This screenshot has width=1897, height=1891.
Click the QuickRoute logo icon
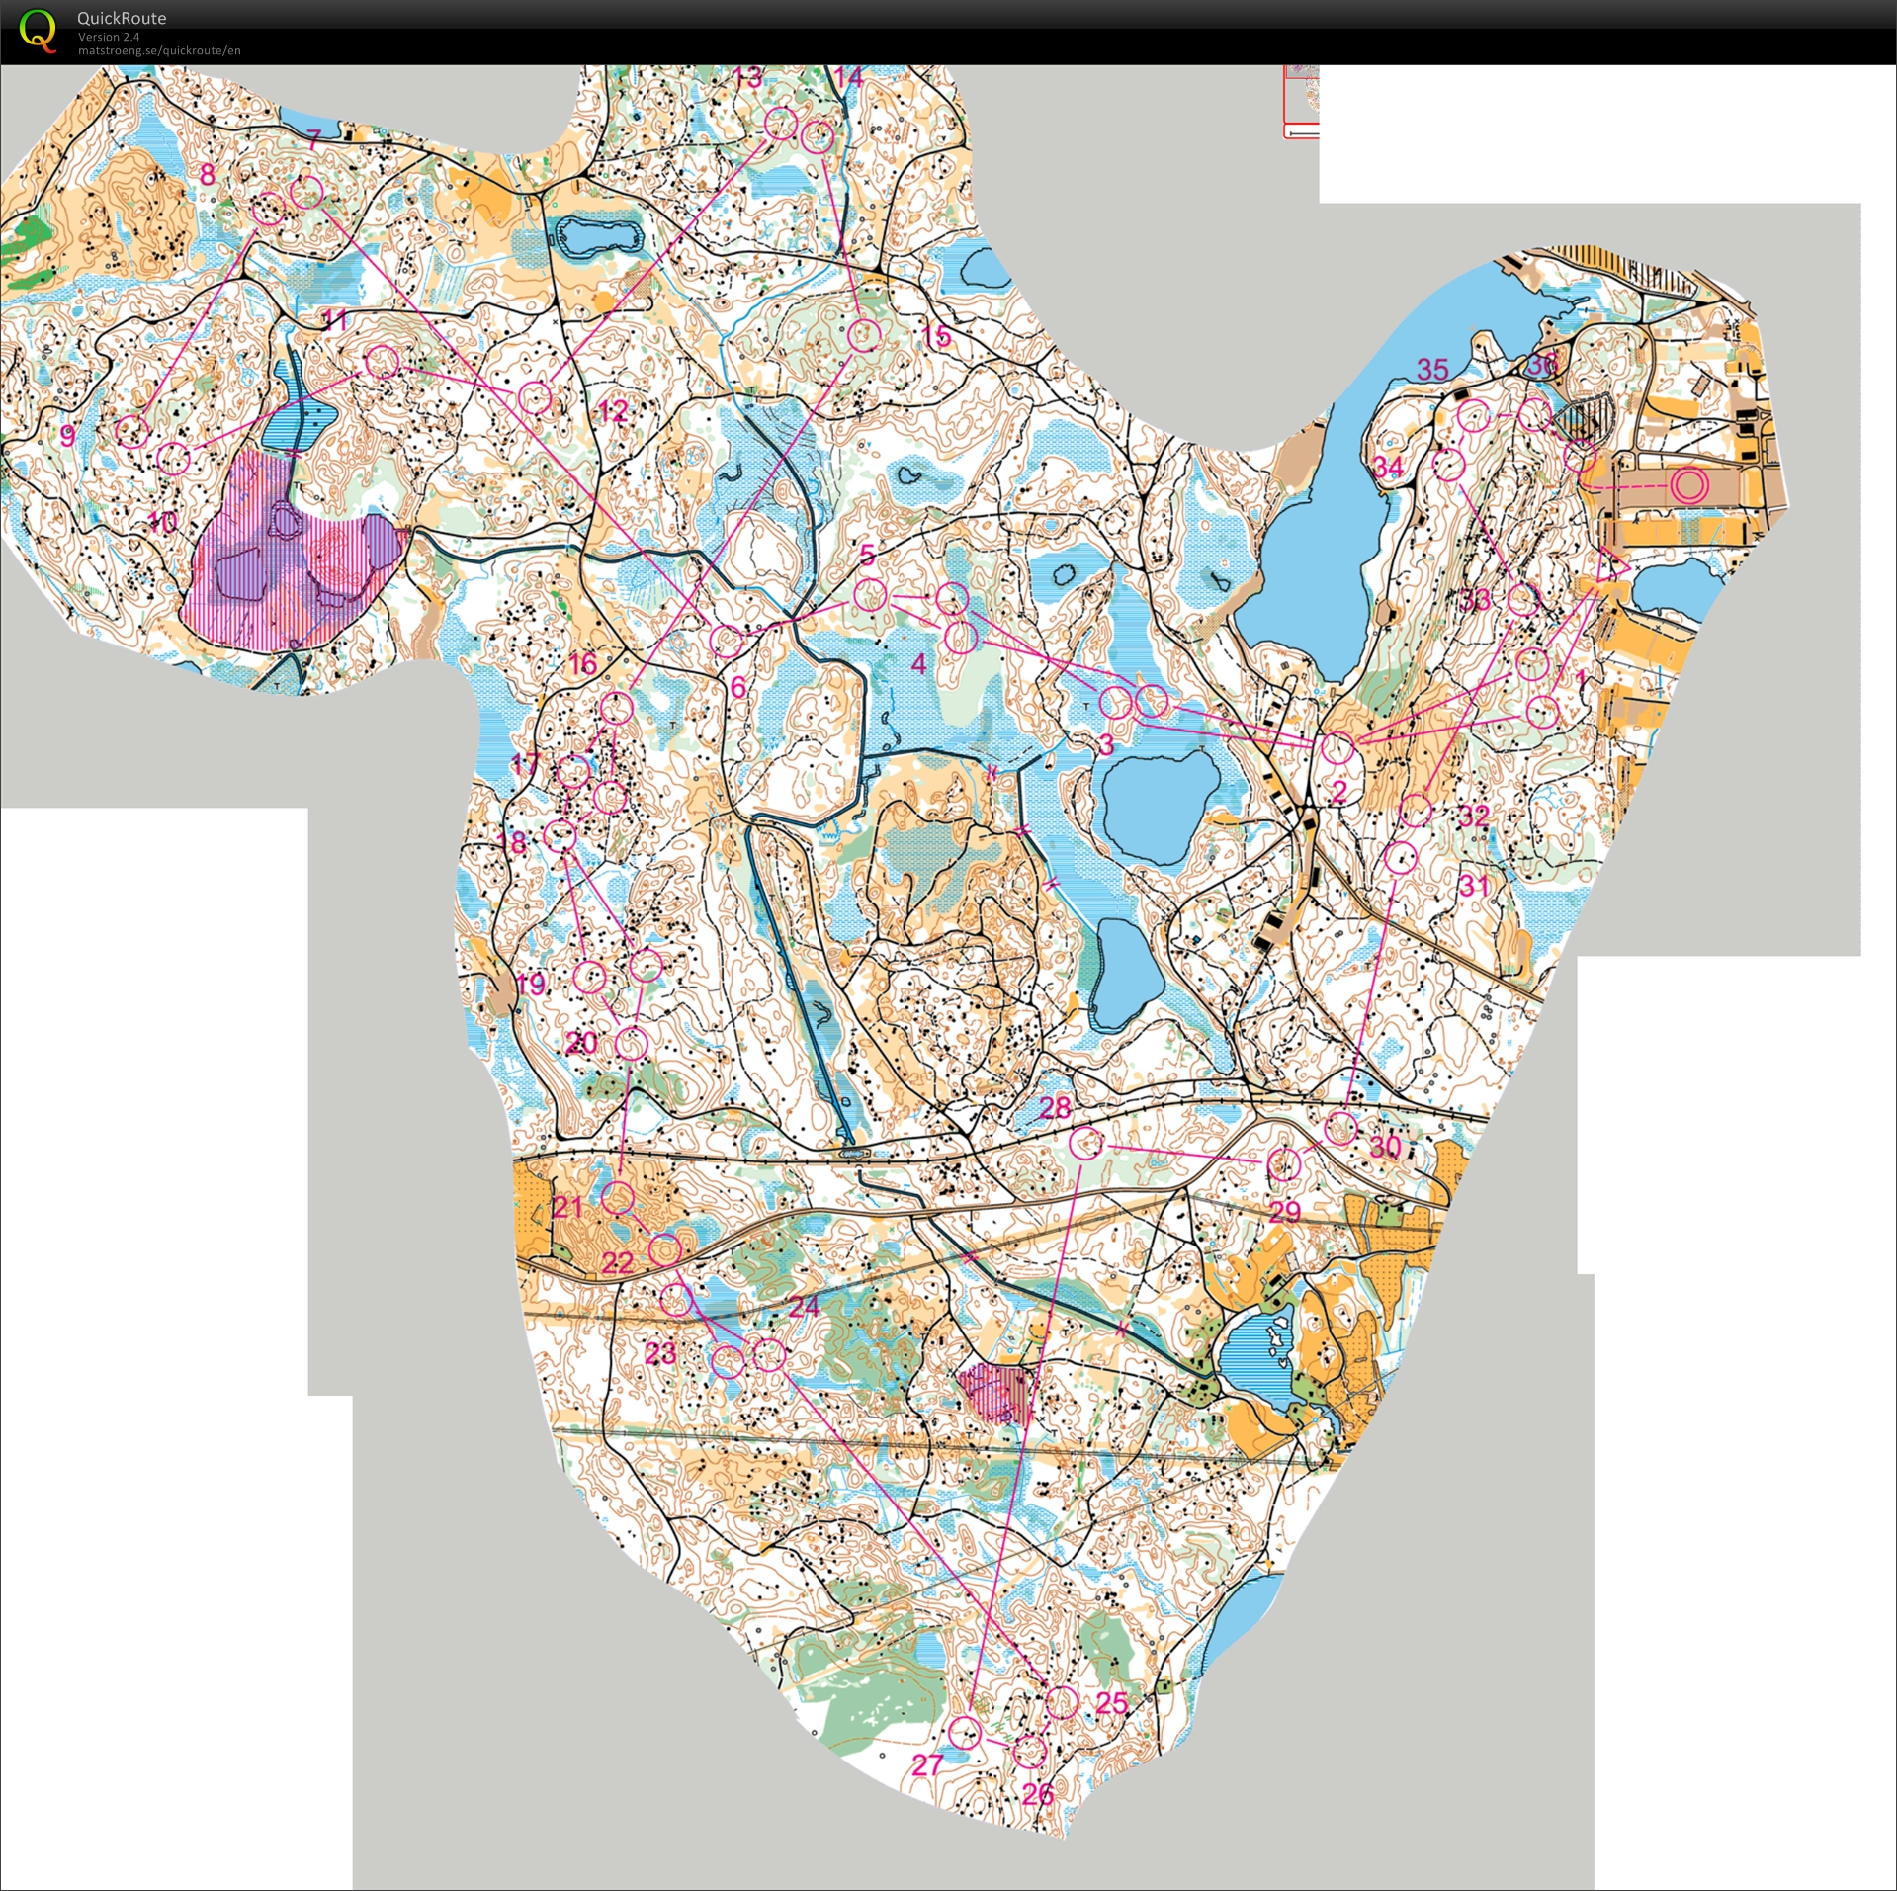(x=39, y=31)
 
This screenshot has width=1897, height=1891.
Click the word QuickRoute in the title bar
(x=121, y=18)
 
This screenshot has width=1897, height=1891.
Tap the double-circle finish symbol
(x=1689, y=485)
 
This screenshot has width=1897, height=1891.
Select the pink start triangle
(x=1611, y=566)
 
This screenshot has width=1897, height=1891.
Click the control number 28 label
(x=1055, y=1107)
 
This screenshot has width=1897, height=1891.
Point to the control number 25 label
(x=1112, y=1702)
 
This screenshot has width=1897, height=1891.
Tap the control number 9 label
(x=67, y=436)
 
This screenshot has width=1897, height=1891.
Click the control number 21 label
(x=567, y=1206)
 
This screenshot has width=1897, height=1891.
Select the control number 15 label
(x=935, y=336)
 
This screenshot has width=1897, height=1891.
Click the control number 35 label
(x=1432, y=370)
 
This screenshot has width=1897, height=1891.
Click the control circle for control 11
(x=382, y=362)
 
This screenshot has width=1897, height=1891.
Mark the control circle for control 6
(x=727, y=641)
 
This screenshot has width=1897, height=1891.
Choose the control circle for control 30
(x=1340, y=1128)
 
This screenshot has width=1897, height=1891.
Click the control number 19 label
(x=531, y=983)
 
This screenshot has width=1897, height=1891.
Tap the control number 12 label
(x=613, y=410)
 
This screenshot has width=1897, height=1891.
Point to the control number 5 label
(x=867, y=555)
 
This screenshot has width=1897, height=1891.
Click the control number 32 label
(x=1473, y=815)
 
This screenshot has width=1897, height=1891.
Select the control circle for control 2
(x=1338, y=748)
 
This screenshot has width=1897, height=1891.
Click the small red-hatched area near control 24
(x=993, y=1391)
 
